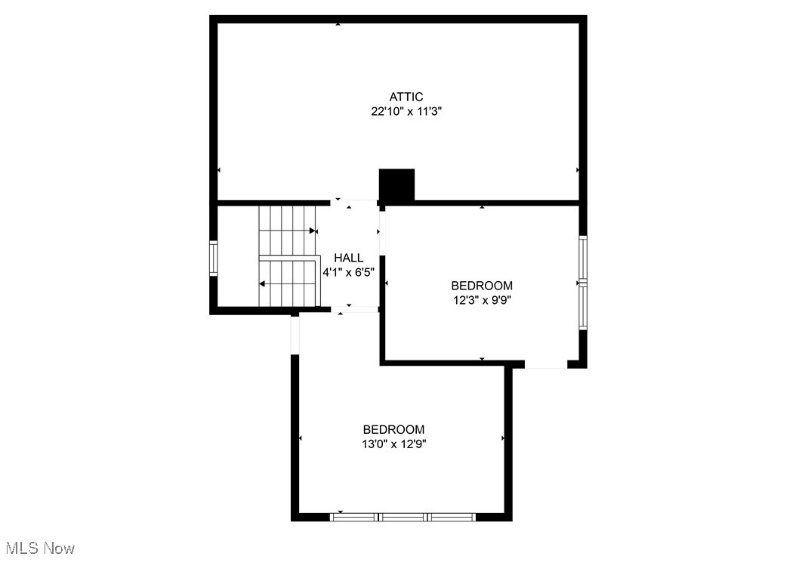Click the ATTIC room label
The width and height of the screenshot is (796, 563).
tap(406, 97)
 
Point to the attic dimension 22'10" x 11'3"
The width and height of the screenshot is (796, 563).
tap(406, 110)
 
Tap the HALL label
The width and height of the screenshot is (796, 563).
tap(348, 258)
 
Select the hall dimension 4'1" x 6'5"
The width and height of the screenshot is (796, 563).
tap(348, 272)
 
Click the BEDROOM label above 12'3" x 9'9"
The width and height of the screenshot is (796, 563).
tap(482, 286)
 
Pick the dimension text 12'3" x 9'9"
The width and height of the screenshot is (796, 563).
tap(482, 299)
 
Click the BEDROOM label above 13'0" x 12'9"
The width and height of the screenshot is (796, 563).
tap(393, 429)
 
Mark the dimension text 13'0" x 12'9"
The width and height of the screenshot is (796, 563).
tap(393, 444)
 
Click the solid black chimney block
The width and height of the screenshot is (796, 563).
tap(396, 184)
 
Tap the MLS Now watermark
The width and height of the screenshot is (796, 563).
tap(40, 548)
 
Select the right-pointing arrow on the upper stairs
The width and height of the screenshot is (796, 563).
tap(312, 230)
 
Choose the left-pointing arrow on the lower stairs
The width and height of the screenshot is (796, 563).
tap(261, 284)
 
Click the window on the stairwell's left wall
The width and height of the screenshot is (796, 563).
tap(213, 258)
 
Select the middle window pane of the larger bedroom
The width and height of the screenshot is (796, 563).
tap(403, 517)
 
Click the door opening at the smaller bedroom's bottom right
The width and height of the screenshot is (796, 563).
tap(546, 364)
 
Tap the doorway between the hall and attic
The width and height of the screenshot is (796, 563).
tap(353, 203)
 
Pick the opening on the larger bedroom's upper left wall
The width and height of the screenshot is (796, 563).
tap(295, 333)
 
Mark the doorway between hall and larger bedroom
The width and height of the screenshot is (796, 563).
tap(353, 309)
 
